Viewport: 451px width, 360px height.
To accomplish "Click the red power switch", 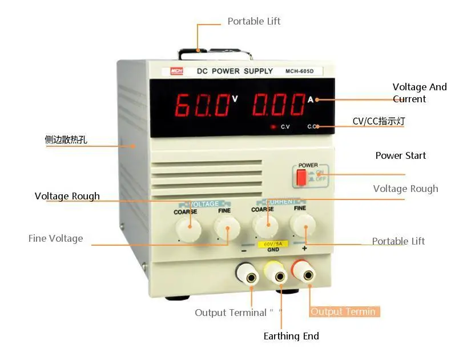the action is pyautogui.click(x=301, y=177).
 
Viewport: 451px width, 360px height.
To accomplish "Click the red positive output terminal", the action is pyautogui.click(x=309, y=275).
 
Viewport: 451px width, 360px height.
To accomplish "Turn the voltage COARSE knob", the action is pyautogui.click(x=188, y=230).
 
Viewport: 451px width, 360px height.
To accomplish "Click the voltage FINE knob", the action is pyautogui.click(x=227, y=230).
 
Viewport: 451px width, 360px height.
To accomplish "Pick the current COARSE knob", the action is pyautogui.click(x=264, y=227).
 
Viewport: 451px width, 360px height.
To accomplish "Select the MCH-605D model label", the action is pyautogui.click(x=304, y=71).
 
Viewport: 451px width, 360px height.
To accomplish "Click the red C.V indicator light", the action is pyautogui.click(x=273, y=126).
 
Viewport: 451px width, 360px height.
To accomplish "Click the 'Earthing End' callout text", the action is pyautogui.click(x=291, y=336).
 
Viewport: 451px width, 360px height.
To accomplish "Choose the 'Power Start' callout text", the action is pyautogui.click(x=400, y=155).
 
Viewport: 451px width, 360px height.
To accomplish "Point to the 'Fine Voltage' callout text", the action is pyautogui.click(x=55, y=238).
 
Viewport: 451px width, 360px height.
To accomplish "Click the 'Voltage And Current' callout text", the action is pyautogui.click(x=419, y=93).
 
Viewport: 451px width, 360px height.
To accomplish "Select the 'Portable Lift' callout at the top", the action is pyautogui.click(x=254, y=21).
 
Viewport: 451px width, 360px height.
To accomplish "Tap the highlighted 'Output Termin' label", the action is pyautogui.click(x=344, y=311).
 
